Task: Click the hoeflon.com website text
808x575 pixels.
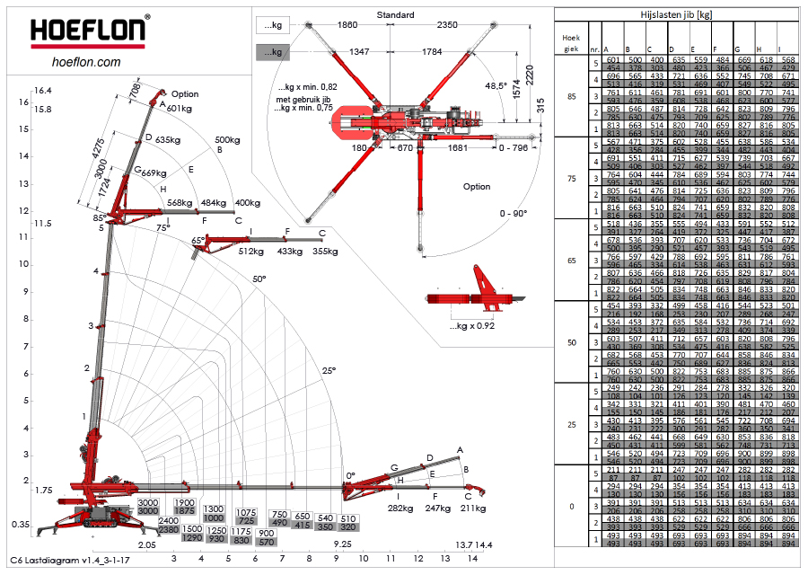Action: (87, 62)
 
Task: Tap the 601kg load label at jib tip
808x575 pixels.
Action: (180, 108)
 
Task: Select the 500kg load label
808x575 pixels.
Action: (227, 139)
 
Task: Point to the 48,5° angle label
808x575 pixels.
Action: (496, 85)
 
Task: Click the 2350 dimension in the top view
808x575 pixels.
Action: (447, 26)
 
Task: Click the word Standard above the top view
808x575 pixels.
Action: (395, 15)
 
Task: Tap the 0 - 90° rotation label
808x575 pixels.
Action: (514, 214)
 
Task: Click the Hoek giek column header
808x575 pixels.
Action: (571, 43)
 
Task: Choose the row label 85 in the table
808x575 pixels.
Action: (571, 96)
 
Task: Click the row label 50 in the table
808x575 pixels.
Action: (571, 342)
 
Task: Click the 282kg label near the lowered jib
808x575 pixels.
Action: (400, 509)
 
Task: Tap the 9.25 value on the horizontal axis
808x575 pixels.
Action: (342, 544)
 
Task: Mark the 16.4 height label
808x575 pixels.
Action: (43, 91)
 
